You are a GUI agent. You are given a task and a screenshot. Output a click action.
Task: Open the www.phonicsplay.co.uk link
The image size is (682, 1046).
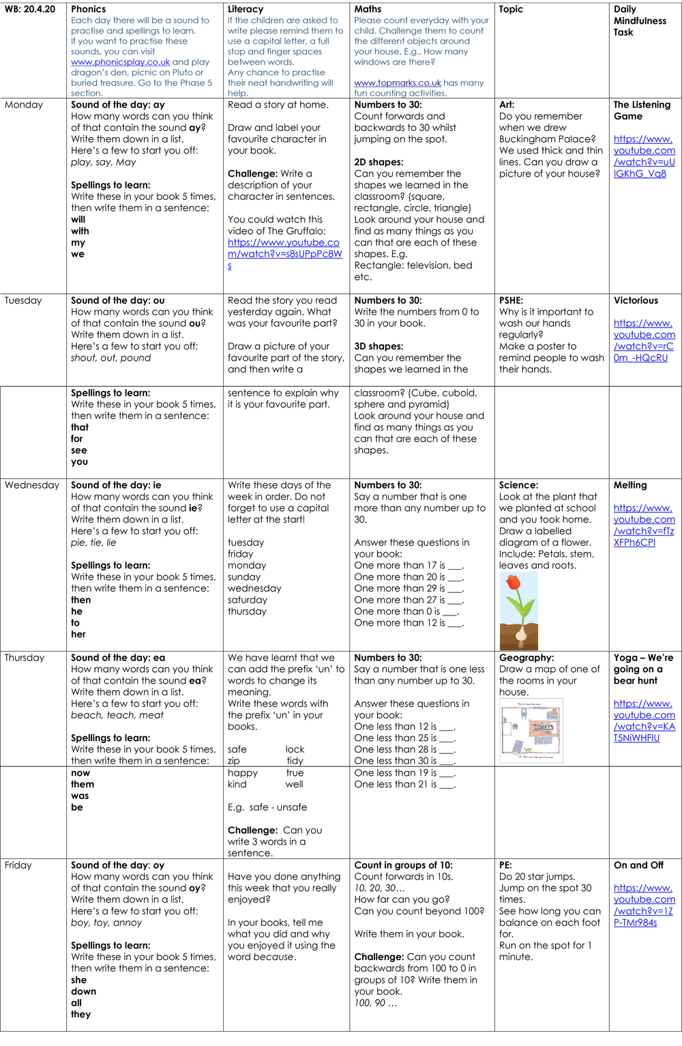120,62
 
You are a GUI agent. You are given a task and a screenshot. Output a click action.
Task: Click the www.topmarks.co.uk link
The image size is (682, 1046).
397,83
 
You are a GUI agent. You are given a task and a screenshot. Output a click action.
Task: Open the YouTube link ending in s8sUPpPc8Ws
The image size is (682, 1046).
284,254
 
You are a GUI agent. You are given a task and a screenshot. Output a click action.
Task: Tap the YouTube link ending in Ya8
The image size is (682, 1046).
644,156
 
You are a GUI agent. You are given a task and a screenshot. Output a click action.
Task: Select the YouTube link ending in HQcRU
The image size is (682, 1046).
644,340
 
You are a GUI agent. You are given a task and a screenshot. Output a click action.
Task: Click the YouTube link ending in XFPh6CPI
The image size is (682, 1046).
644,525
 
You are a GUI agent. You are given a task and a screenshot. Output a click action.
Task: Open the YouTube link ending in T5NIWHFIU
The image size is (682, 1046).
644,721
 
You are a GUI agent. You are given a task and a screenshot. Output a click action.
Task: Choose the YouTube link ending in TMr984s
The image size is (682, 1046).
644,905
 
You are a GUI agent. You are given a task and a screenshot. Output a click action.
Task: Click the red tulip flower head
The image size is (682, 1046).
514,582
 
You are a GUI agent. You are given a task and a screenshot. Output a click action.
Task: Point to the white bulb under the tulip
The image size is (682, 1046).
521,634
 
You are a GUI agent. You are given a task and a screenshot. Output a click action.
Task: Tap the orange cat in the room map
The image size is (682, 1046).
527,750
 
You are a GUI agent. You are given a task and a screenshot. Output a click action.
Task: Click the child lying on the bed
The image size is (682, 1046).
544,728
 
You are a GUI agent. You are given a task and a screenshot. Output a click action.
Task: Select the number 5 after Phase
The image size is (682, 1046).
209,83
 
